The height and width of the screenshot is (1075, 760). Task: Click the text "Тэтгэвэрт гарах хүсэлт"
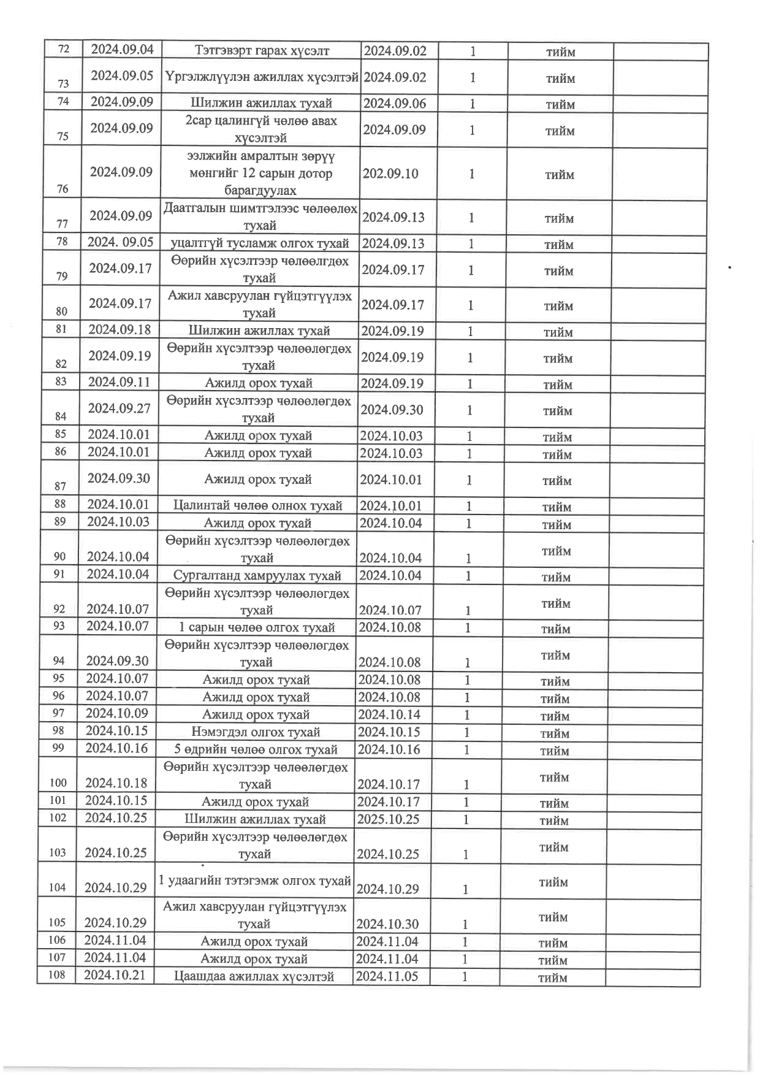[262, 51]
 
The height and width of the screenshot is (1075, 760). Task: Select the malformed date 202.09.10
[390, 174]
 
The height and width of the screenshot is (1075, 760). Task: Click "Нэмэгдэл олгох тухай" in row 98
[256, 732]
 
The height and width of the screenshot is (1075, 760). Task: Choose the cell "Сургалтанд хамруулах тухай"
[257, 576]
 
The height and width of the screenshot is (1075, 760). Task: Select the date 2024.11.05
[387, 976]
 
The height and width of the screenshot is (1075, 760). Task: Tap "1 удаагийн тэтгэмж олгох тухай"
[254, 881]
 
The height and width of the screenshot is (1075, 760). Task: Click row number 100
[58, 782]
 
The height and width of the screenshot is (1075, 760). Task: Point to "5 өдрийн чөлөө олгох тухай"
[256, 749]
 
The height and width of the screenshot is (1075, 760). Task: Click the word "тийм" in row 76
[560, 175]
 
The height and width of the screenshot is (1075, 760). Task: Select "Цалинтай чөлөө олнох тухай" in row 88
[257, 506]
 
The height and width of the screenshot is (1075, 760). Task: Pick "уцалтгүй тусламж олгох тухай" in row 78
[260, 243]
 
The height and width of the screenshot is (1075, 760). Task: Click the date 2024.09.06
[394, 103]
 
